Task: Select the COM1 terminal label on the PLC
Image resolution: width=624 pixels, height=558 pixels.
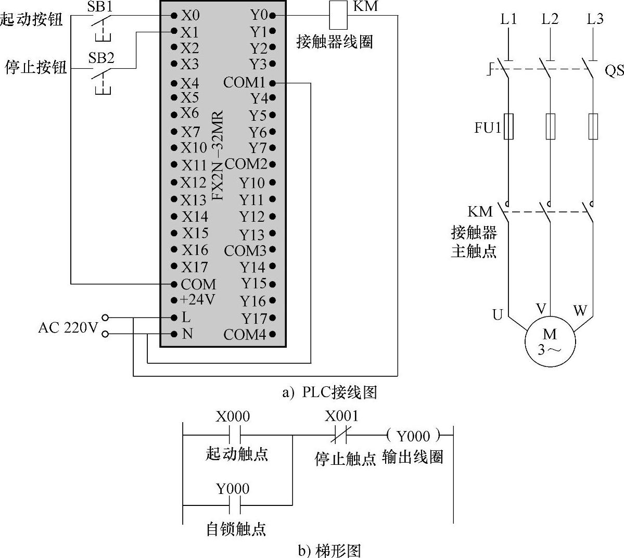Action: pyautogui.click(x=244, y=82)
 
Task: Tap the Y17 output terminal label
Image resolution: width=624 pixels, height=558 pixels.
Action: pyautogui.click(x=253, y=318)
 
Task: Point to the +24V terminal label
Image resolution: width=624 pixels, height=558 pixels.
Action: pyautogui.click(x=197, y=300)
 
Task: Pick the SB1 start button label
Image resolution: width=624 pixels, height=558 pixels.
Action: pyautogui.click(x=100, y=7)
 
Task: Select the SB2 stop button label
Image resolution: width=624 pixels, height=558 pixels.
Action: pyautogui.click(x=101, y=57)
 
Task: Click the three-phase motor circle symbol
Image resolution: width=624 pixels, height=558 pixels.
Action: pyautogui.click(x=550, y=341)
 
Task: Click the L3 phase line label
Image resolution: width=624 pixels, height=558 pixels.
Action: pyautogui.click(x=595, y=19)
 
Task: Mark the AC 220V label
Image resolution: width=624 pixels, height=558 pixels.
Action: pyautogui.click(x=68, y=328)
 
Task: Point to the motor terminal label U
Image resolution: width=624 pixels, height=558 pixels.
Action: pyautogui.click(x=498, y=314)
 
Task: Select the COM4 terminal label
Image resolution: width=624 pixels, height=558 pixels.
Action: pyautogui.click(x=245, y=335)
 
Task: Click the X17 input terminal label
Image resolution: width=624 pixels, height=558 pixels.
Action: pyautogui.click(x=195, y=267)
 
